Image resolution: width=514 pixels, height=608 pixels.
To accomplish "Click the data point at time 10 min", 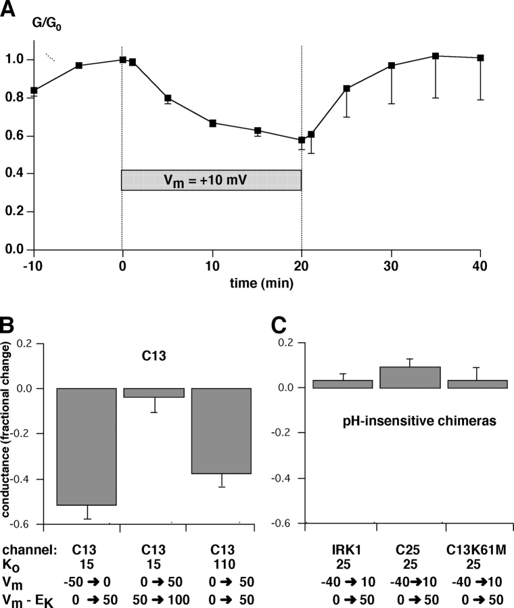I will tap(212, 123).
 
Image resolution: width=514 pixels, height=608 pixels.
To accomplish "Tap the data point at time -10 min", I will tap(34, 90).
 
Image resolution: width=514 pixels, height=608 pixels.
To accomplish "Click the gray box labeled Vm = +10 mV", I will tap(211, 180).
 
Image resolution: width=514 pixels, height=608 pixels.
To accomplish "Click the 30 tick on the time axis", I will tap(391, 266).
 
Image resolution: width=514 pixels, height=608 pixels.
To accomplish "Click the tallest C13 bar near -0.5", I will tap(87, 446).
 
